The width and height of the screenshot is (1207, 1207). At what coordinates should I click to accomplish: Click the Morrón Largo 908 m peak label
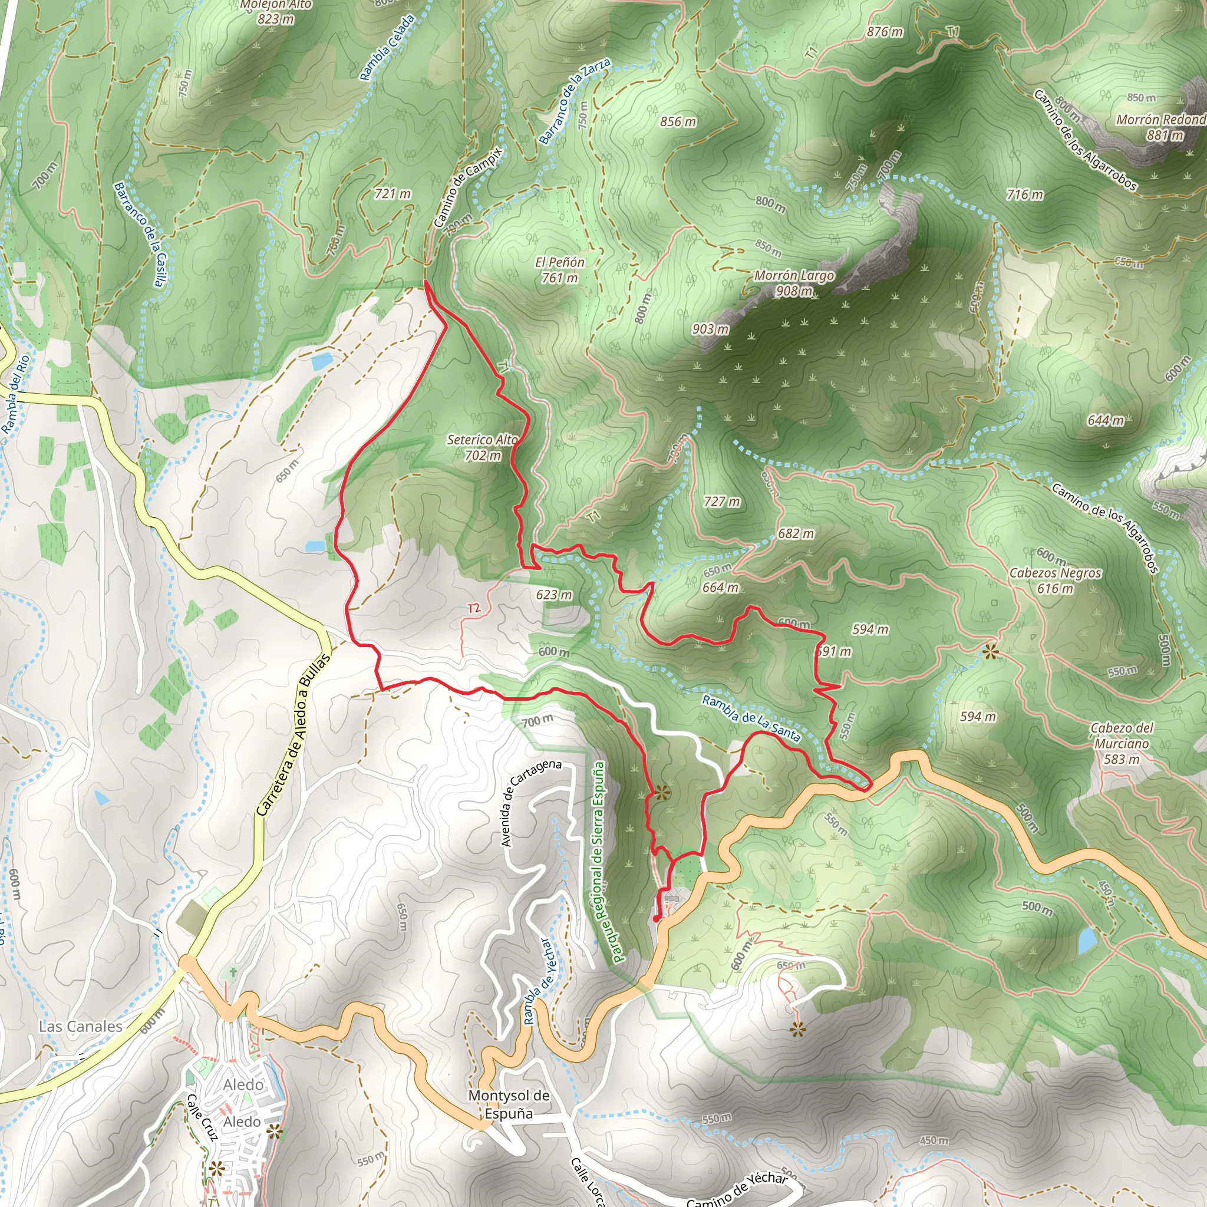tap(793, 283)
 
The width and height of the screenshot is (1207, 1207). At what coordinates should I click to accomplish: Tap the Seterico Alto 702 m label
tap(482, 447)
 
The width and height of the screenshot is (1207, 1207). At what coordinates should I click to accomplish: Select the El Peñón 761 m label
tap(559, 270)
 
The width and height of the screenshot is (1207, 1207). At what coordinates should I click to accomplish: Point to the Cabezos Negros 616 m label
tap(1055, 580)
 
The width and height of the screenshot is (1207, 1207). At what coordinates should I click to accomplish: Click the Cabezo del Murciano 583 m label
tap(1122, 743)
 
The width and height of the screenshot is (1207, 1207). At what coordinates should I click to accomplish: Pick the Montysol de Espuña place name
tap(509, 1104)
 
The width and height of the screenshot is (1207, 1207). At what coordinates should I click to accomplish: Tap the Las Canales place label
tap(81, 1027)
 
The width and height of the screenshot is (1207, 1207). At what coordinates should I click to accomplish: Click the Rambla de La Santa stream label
tap(751, 718)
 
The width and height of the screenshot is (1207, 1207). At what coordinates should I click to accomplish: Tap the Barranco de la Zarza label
tap(574, 101)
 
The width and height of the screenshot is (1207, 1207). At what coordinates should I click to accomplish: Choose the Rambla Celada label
tap(387, 48)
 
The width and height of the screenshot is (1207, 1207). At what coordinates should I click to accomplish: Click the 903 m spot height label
tap(710, 329)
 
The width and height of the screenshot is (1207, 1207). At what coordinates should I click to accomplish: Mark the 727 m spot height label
tap(721, 501)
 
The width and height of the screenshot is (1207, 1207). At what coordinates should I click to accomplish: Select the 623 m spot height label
tap(553, 594)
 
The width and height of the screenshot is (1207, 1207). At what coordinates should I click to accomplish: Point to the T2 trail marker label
tap(474, 608)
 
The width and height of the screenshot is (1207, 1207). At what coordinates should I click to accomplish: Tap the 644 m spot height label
tap(1105, 420)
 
